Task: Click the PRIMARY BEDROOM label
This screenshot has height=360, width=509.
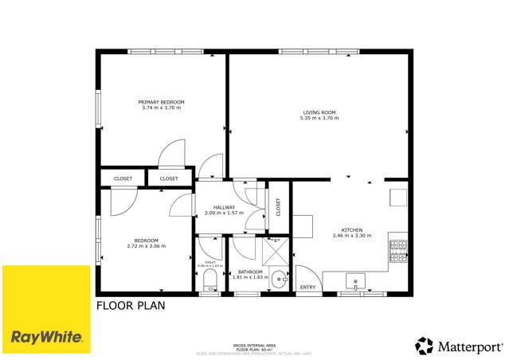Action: click(x=161, y=102)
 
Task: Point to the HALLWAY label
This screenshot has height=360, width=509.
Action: click(x=213, y=207)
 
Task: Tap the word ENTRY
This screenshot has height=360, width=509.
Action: click(x=307, y=288)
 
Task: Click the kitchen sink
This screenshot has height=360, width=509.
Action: click(x=355, y=281)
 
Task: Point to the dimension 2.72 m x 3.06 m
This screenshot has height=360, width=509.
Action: click(x=146, y=246)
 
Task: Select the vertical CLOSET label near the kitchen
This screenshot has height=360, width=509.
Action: click(x=278, y=207)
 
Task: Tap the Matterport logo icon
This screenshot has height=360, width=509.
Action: click(x=424, y=346)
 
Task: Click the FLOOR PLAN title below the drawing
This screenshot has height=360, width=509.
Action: click(x=131, y=305)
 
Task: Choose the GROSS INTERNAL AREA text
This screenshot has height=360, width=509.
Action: click(x=254, y=345)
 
